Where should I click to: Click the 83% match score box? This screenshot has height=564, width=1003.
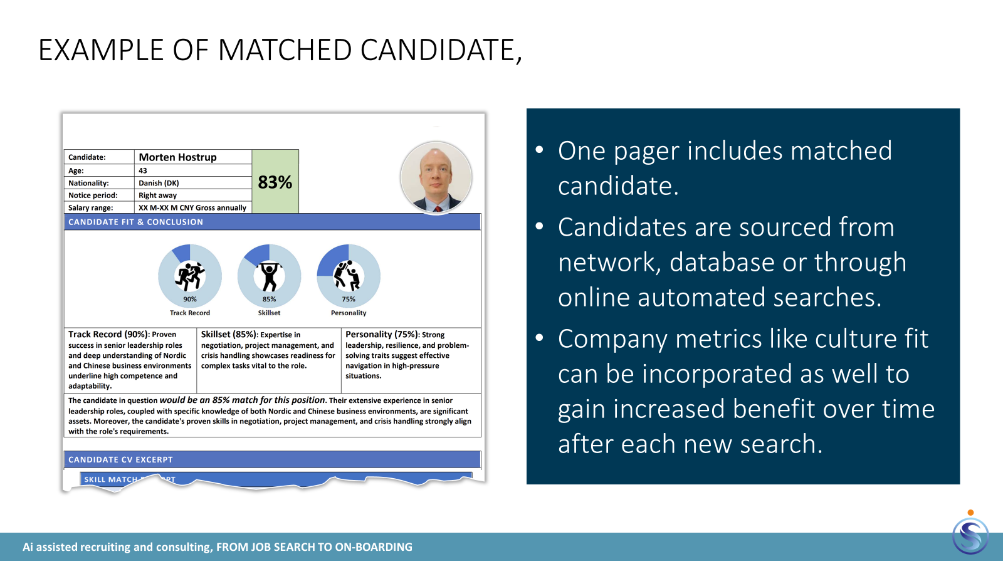275,181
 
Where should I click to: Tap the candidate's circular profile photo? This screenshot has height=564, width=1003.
436,177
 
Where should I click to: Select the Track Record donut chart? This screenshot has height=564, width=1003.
190,276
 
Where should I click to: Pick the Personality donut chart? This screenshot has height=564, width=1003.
349,276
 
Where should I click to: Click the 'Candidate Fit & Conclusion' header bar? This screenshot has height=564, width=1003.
272,222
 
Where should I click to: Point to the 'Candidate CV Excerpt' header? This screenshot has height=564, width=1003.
272,460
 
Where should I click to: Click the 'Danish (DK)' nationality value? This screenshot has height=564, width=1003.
159,183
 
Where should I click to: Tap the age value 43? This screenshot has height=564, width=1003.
143,170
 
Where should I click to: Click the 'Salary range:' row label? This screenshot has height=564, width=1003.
90,207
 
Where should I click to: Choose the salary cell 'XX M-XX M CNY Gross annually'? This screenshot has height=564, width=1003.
192,207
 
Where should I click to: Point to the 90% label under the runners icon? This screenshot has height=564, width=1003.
190,299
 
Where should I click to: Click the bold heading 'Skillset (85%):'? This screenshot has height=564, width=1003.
229,335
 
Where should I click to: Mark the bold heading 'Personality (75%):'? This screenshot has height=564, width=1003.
382,335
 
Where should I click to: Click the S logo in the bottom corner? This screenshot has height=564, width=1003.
970,536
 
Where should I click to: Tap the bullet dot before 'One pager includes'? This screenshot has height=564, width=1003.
540,150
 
